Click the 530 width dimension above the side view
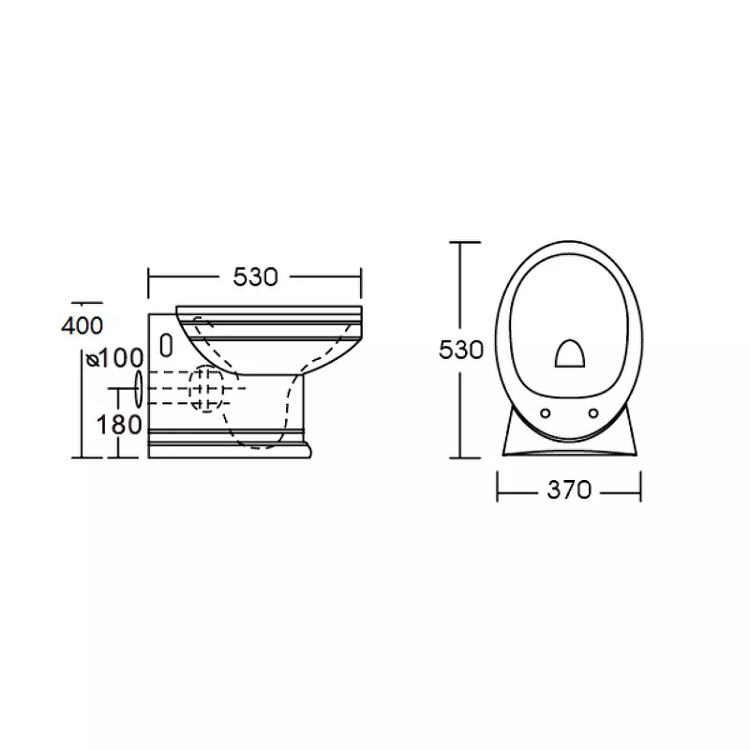(x=255, y=277)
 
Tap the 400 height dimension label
(x=82, y=326)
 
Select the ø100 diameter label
(x=114, y=358)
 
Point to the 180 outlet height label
(x=119, y=425)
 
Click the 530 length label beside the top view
(x=461, y=350)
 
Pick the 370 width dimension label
(x=569, y=489)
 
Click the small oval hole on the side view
(x=166, y=345)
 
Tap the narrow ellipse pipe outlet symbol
(x=139, y=389)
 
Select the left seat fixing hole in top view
(x=545, y=413)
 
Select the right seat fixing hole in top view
(x=593, y=412)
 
